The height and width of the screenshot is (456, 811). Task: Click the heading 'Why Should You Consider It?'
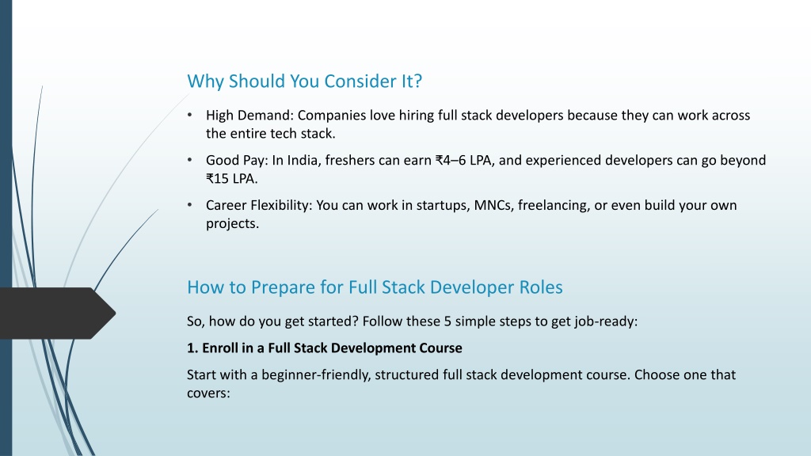click(x=305, y=82)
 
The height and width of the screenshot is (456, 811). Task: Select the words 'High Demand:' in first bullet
click(x=249, y=116)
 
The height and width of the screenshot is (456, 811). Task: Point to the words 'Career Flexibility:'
click(x=259, y=206)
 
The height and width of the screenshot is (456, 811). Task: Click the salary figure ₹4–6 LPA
click(x=464, y=160)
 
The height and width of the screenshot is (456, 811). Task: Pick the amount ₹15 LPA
click(x=231, y=179)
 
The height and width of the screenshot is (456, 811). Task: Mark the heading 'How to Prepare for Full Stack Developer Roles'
click(x=375, y=287)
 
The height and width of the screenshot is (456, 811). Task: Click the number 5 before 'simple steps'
click(x=447, y=321)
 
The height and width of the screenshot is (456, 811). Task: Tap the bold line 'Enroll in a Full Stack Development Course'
click(x=332, y=348)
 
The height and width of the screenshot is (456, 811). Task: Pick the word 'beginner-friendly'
click(x=316, y=374)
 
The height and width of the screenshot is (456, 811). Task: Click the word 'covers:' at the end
click(x=208, y=393)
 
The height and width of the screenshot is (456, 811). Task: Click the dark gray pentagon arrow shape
click(x=57, y=313)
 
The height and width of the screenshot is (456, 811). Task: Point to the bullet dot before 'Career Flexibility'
click(x=190, y=205)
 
